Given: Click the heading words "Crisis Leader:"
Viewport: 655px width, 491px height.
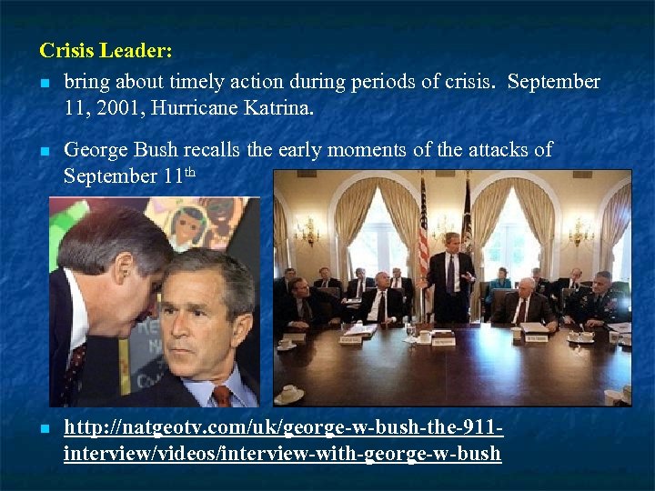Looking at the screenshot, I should coord(106,48).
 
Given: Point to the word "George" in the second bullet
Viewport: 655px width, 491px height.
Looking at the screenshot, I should coord(101,149).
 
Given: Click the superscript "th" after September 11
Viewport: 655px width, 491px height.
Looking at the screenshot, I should coord(192,171).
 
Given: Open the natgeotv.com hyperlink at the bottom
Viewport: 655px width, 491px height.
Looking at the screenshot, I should coord(283,440).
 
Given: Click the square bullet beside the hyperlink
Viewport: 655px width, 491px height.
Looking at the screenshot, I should coord(45,427).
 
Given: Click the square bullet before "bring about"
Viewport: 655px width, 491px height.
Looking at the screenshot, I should coord(45,83).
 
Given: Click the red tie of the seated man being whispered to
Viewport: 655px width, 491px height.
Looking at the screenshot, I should coord(221,396).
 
